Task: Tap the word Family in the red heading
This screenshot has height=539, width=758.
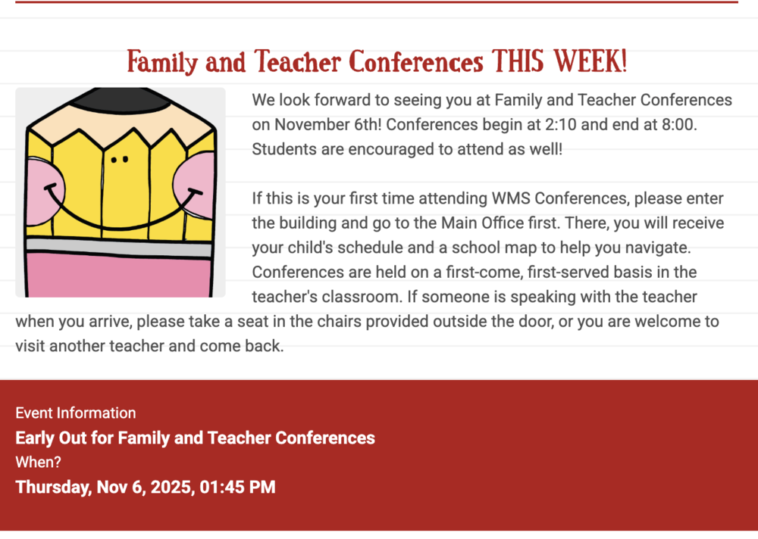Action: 161,61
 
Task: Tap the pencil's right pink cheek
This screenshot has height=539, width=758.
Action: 195,181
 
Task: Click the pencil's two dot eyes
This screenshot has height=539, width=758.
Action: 119,160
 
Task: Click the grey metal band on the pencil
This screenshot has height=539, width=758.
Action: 119,246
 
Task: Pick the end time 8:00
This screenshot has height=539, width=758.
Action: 677,125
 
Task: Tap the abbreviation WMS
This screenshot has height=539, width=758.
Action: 512,199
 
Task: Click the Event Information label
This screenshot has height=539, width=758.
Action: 76,413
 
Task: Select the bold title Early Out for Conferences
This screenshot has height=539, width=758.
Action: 195,438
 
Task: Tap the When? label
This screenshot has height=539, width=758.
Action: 38,462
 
